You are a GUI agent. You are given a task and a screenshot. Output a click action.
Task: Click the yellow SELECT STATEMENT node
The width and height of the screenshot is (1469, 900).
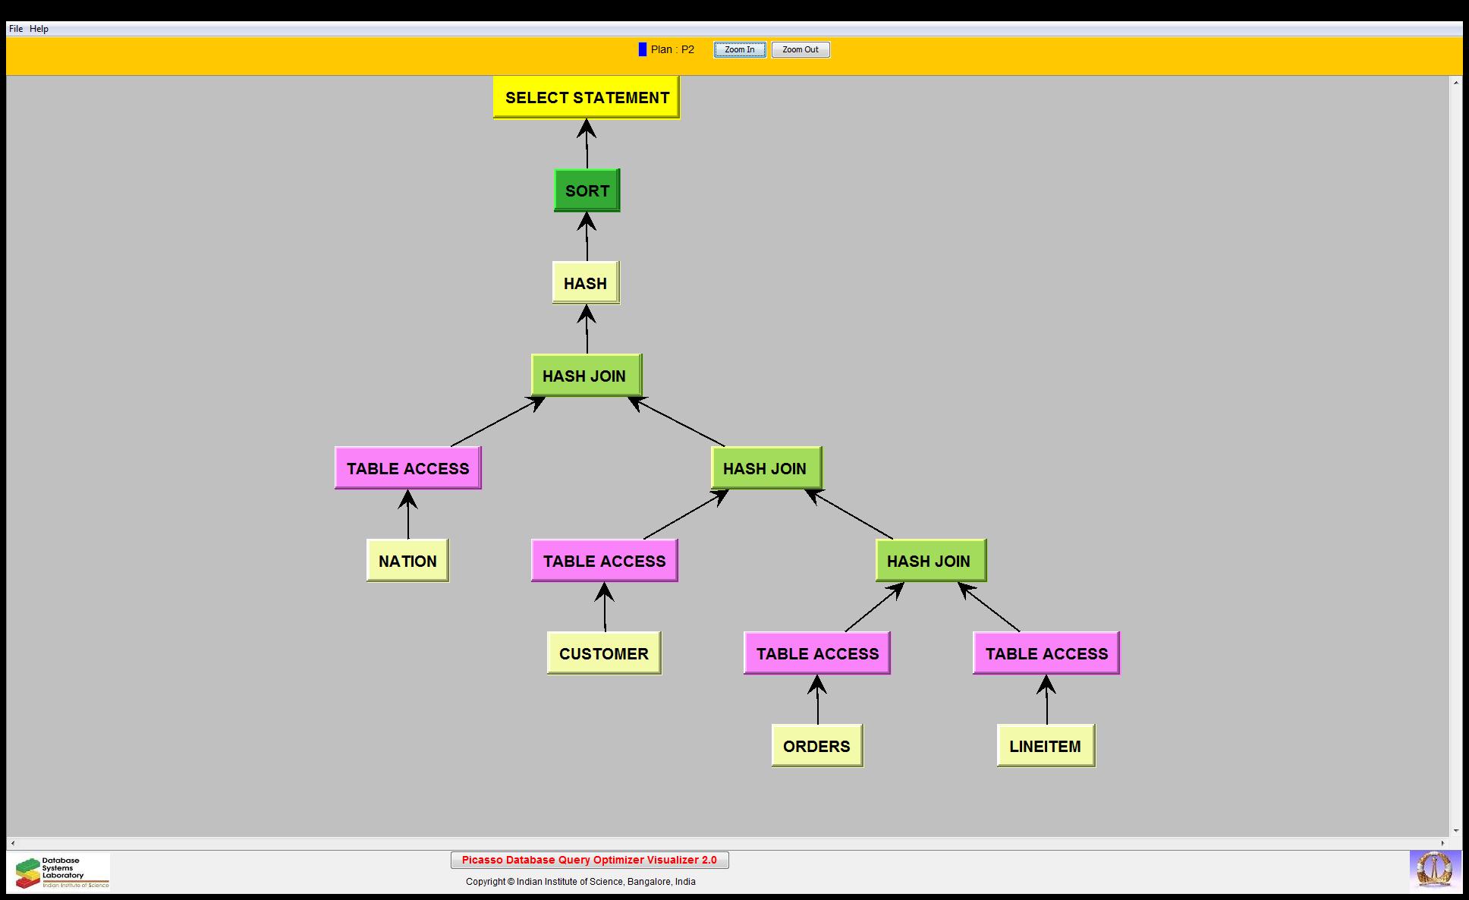coord(586,97)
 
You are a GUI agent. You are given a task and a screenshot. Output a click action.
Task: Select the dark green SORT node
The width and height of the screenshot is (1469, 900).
coord(587,190)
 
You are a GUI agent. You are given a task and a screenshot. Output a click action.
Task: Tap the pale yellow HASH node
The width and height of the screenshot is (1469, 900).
coord(585,283)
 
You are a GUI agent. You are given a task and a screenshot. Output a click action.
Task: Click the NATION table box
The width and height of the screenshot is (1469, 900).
coord(407,561)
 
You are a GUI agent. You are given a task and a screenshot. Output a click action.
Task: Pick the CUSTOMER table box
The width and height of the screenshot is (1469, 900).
coord(603,653)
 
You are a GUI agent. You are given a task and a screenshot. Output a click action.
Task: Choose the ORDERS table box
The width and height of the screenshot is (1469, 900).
coord(816,746)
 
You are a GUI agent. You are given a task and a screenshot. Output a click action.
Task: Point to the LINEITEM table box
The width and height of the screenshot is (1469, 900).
coord(1045,746)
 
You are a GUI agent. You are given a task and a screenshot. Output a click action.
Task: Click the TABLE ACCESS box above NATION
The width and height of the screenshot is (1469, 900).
coord(407,468)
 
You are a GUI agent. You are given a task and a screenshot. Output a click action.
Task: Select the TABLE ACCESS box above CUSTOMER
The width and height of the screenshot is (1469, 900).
coord(604,561)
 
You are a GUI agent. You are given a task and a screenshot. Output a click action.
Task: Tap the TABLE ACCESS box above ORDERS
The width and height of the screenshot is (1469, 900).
coord(817,653)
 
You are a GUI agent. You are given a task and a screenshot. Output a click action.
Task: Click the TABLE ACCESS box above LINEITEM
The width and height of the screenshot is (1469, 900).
coord(1046,653)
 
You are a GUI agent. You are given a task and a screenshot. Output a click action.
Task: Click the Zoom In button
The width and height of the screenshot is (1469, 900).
coord(739,50)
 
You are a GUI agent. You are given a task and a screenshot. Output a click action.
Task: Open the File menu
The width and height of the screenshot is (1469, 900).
coord(16,29)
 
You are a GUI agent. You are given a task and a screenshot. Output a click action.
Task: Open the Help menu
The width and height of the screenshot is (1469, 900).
coord(39,29)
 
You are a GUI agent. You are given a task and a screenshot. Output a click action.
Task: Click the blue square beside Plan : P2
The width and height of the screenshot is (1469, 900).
coord(643,49)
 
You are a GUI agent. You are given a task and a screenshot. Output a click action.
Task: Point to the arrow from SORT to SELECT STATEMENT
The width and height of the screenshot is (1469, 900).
coord(587,144)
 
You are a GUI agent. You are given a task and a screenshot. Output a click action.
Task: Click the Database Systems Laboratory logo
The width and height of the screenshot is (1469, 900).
coord(60,872)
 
